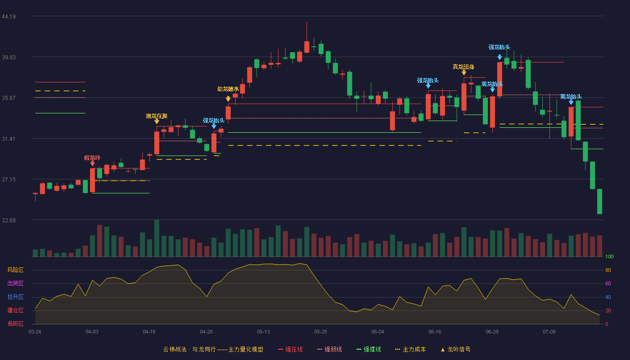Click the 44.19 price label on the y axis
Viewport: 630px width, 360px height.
[9, 17]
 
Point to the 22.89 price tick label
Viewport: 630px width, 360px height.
[9, 220]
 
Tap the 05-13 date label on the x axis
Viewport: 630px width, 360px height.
[263, 332]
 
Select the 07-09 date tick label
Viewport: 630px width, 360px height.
[549, 332]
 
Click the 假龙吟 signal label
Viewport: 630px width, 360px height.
[92, 158]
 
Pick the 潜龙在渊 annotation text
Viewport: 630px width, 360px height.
[157, 116]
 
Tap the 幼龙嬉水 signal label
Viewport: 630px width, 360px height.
[228, 89]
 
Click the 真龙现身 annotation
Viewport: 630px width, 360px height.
[463, 67]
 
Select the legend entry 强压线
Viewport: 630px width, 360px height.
[290, 349]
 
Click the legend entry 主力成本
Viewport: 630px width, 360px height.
[410, 349]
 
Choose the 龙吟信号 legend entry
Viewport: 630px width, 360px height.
[455, 349]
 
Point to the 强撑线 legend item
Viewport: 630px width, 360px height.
[369, 349]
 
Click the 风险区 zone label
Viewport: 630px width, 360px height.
[15, 270]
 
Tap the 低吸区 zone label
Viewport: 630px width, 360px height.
[15, 324]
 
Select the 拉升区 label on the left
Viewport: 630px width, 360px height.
[15, 297]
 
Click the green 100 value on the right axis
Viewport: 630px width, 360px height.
[609, 256]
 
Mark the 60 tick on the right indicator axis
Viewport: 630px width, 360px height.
[608, 283]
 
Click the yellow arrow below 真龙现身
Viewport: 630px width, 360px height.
[464, 73]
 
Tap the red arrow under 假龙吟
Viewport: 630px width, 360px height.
[93, 164]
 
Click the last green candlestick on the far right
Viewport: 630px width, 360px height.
[599, 202]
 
